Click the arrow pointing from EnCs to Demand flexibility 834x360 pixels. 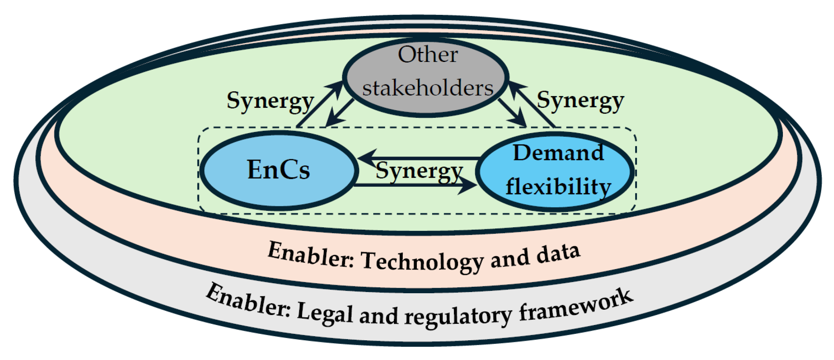coord(414,185)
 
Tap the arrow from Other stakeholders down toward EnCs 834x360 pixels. coord(340,113)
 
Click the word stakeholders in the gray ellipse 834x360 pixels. coord(428,88)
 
